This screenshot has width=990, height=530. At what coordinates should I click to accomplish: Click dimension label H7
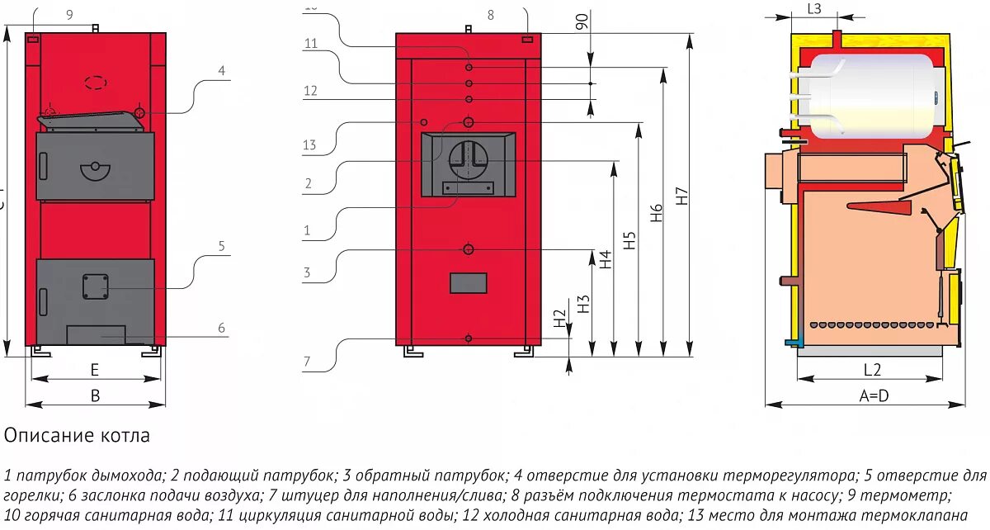681,197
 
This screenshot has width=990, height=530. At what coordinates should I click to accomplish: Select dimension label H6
657,213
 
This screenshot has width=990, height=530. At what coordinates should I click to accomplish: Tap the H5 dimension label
630,239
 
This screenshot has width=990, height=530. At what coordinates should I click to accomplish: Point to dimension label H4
606,260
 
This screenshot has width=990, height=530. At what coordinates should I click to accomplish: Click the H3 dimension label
583,303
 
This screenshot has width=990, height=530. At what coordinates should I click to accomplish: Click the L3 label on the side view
813,9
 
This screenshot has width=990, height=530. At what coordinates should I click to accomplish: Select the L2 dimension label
872,369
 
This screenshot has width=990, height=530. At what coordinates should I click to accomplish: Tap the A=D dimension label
874,395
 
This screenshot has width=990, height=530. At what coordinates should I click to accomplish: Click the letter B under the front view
95,396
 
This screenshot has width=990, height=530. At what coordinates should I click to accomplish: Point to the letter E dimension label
95,370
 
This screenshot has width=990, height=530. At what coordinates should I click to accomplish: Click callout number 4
221,71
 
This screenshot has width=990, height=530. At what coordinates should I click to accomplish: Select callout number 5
221,245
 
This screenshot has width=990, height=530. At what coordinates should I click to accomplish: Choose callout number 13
309,145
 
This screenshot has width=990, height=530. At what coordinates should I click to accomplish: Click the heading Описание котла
78,435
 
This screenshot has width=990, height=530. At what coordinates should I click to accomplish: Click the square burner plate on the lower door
95,286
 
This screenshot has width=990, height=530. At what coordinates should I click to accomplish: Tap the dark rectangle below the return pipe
468,283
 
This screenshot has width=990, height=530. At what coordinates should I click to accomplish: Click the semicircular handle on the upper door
95,171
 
